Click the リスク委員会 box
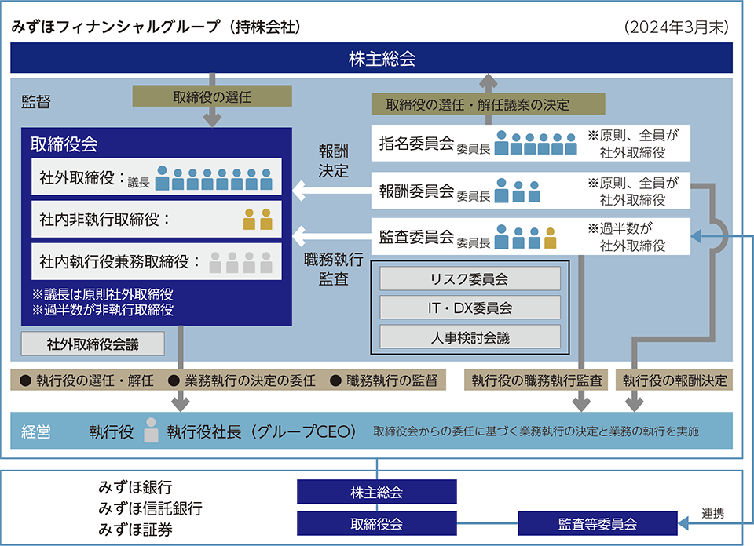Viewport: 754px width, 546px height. point(470,278)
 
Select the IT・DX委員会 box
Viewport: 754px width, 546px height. point(470,308)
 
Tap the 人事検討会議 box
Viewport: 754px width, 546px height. point(470,337)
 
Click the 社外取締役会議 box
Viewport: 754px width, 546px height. point(93,344)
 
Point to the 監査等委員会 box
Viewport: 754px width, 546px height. point(597,523)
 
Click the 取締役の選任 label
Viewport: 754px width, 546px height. point(212,96)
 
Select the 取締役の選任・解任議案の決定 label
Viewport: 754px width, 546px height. point(488,104)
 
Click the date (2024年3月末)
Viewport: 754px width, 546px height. point(676,27)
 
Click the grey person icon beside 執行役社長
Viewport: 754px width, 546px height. point(151,430)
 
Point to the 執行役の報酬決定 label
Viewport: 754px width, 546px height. point(674,380)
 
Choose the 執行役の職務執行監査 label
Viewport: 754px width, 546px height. point(536,380)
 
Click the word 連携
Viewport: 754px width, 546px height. point(712,513)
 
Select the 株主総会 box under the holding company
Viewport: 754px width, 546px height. point(376,492)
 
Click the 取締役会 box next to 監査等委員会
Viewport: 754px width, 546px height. point(376,523)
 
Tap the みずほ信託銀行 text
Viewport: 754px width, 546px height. point(150,508)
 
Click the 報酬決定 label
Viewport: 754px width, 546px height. point(333,161)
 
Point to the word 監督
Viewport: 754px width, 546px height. point(35,102)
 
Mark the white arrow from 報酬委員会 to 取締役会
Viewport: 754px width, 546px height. point(331,191)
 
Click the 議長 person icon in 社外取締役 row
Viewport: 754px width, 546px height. point(162,177)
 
